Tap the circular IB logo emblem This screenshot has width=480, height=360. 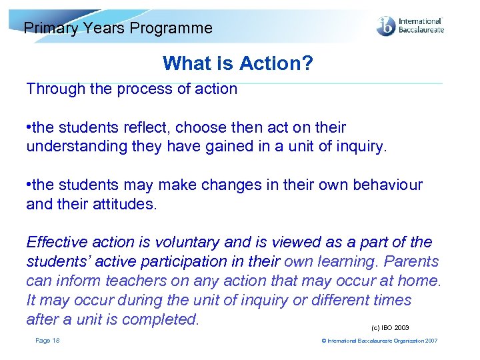(386, 27)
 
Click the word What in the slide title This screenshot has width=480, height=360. (183, 63)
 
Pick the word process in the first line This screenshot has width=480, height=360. (143, 89)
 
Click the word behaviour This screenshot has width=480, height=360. (387, 185)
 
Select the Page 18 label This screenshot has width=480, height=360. (47, 341)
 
